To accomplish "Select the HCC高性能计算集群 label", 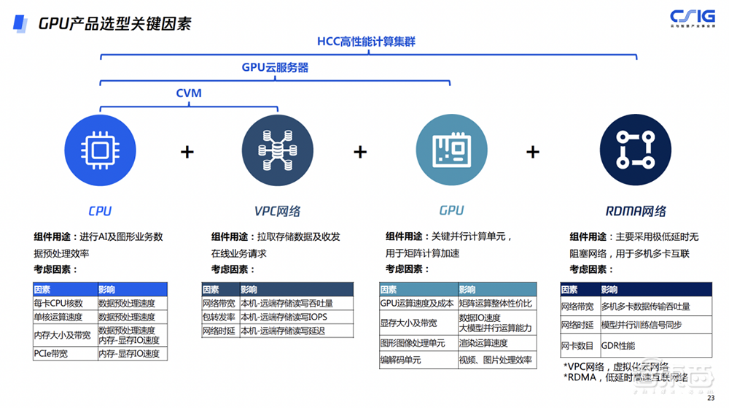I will tap(366, 42).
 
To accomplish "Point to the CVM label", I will tap(189, 93).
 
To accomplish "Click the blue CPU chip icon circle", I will tap(100, 152).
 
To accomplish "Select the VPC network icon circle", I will tap(277, 152).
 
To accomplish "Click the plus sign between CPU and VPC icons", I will tap(188, 152).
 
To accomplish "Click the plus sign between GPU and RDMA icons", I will tap(533, 152).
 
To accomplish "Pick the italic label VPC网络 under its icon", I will tap(277, 211).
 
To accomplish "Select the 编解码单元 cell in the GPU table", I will tap(402, 361).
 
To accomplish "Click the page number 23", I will tap(711, 398).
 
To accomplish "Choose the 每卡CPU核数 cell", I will tap(59, 303).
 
